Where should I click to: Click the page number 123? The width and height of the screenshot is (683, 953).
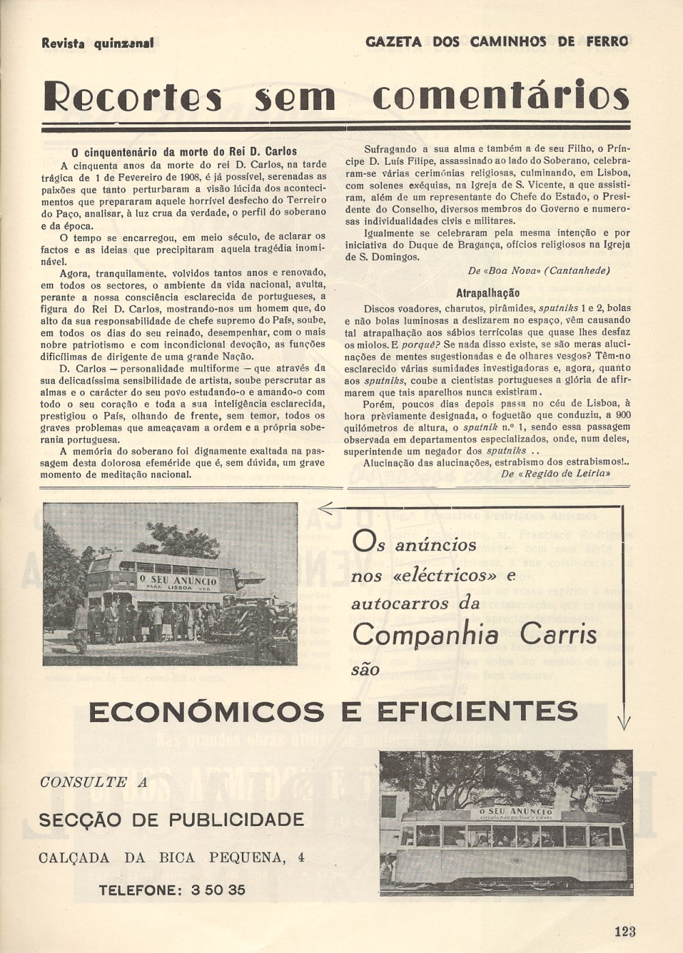point(624,930)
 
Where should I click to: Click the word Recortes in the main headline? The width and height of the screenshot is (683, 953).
point(133,98)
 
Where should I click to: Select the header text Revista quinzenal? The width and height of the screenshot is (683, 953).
point(98,43)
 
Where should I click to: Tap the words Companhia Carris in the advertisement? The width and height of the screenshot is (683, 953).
point(475,635)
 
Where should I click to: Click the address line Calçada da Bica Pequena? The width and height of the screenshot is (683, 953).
point(162,857)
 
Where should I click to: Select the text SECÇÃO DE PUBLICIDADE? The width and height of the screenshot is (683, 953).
point(171,819)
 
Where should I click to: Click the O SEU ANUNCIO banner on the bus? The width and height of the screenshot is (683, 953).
point(178,581)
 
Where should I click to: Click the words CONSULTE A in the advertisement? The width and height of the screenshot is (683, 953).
point(94,783)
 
